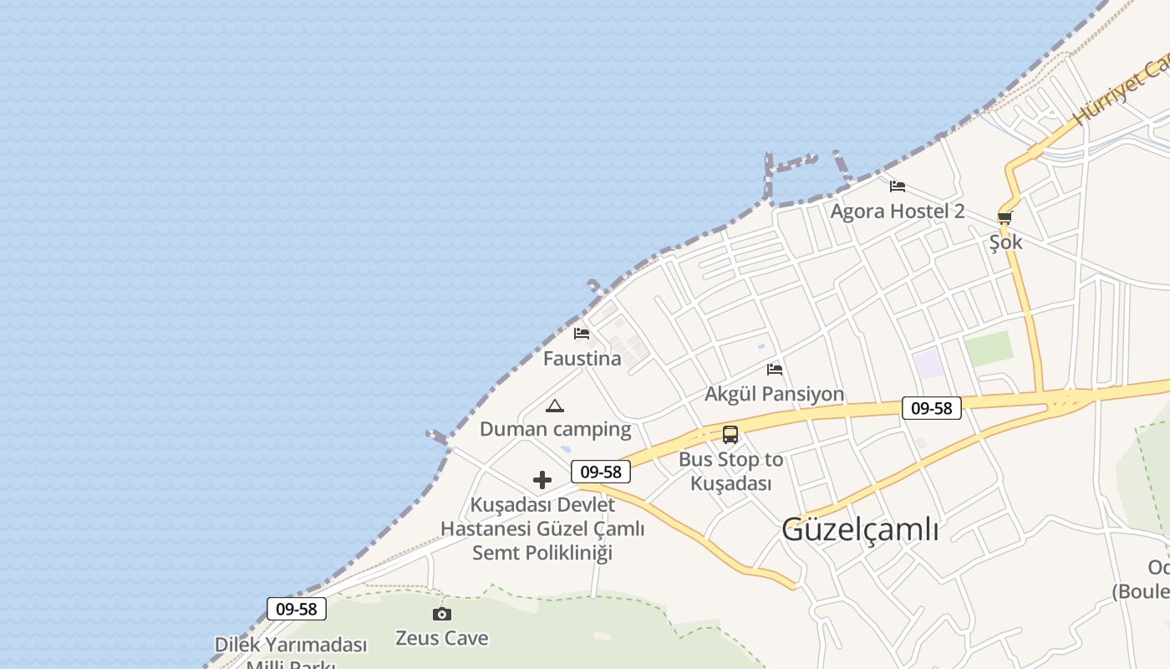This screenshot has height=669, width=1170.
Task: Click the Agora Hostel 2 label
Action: tap(897, 212)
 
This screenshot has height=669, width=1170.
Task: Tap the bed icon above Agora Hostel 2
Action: tap(898, 186)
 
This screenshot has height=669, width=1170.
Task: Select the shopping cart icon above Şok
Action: tap(1005, 217)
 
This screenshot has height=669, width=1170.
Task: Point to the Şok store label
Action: tap(1005, 243)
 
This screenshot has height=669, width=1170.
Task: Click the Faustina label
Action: tap(582, 359)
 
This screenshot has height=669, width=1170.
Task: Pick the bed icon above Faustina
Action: tap(582, 333)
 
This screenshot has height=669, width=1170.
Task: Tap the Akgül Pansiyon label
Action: tap(774, 394)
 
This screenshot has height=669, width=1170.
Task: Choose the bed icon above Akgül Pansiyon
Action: tap(775, 369)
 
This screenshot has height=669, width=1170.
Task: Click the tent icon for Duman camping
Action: tap(555, 406)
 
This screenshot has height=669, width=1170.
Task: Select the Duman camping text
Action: tap(555, 430)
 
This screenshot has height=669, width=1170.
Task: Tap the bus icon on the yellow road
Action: tap(730, 435)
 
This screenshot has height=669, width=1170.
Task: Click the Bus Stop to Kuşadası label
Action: tap(730, 472)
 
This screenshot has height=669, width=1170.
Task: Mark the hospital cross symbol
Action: tap(542, 480)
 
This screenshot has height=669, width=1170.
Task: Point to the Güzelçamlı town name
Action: tap(860, 529)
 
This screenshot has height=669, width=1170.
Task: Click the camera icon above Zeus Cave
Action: tap(442, 615)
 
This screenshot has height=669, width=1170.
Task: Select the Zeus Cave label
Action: tap(441, 639)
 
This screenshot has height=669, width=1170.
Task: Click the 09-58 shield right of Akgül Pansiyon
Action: tap(932, 408)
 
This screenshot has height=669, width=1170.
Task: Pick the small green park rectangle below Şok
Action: tap(988, 349)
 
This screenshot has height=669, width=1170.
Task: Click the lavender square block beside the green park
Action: tap(928, 364)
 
